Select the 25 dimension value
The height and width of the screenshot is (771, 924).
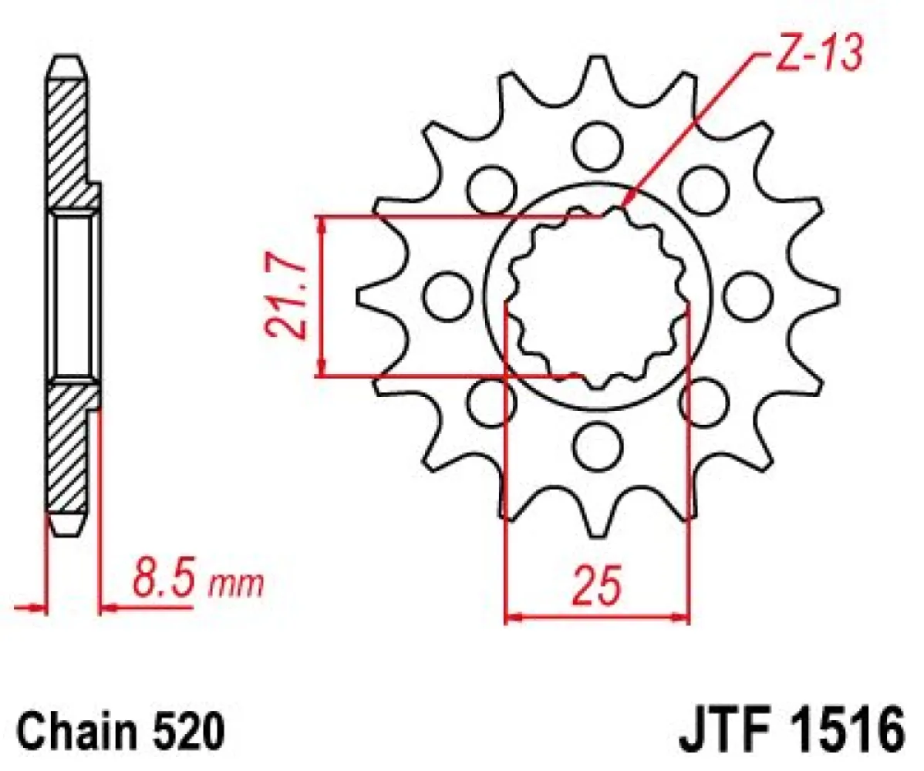pyautogui.click(x=595, y=587)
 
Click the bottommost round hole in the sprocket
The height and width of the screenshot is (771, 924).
pyautogui.click(x=599, y=445)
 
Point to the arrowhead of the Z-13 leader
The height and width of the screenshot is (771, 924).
pyautogui.click(x=626, y=202)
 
